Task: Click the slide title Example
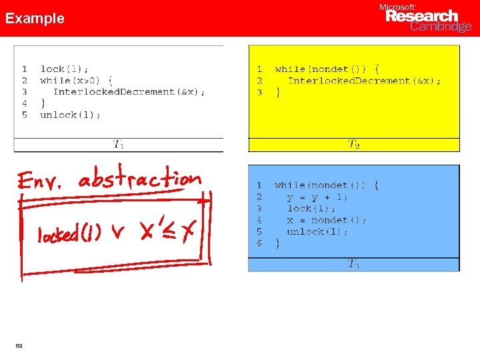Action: (35, 19)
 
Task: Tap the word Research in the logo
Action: (422, 16)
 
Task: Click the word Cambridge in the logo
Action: (441, 27)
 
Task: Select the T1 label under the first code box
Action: (118, 143)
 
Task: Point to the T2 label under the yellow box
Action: (353, 144)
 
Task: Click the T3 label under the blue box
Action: (353, 264)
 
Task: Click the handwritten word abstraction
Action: (139, 178)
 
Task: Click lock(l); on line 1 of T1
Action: (64, 69)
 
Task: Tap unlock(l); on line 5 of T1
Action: (71, 115)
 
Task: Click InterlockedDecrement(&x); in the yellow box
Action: (364, 81)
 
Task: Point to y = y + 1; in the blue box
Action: (317, 197)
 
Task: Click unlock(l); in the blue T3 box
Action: (317, 231)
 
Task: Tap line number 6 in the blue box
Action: (259, 243)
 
